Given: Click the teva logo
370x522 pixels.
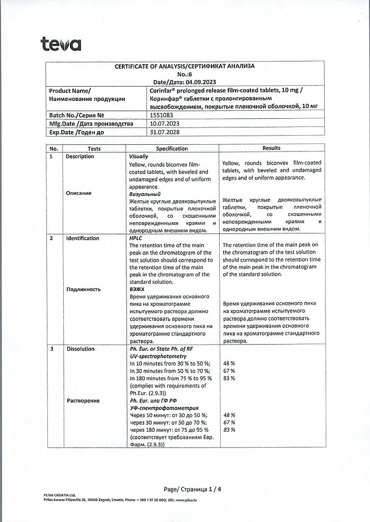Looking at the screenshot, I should pos(61,45).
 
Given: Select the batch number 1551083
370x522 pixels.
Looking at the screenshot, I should pos(161,116).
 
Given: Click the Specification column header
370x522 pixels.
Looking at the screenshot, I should pos(172,148).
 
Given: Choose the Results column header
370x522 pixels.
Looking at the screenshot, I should pos(271,148).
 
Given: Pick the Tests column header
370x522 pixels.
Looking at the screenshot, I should pos(94,148).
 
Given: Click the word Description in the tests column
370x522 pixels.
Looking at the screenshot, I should pos(80,156).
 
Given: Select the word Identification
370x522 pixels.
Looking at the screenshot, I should pos(83,238).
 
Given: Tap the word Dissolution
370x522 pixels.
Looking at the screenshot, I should pos(80,349).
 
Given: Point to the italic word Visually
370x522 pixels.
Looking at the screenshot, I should pos(139,156).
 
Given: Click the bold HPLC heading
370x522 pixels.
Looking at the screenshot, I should pos(136,238).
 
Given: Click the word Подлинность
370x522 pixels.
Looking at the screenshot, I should pos(83,289).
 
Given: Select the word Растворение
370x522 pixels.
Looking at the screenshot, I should pos(83,401).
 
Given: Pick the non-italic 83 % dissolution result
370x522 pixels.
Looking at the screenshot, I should pos(229,378).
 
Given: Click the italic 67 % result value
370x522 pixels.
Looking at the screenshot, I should pos(229,423).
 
